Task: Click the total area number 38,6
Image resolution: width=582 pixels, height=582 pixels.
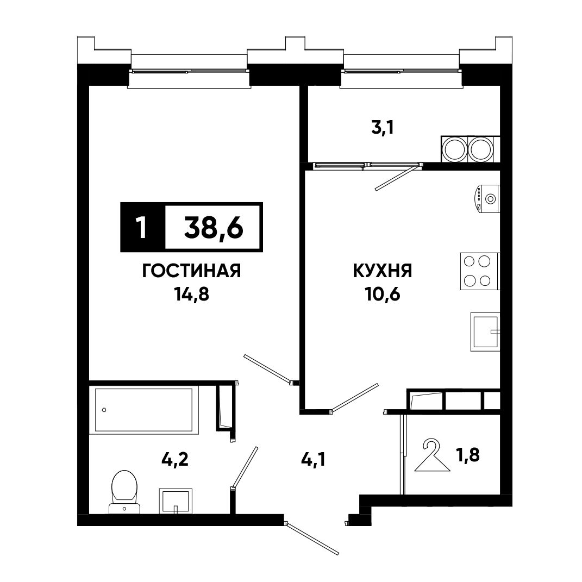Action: tap(214, 227)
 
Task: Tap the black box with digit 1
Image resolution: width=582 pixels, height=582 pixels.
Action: tap(143, 227)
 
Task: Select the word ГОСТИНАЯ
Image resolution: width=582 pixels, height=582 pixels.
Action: tap(191, 271)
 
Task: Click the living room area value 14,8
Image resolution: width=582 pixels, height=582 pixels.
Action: tap(191, 295)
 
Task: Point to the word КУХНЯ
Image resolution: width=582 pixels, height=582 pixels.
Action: tap(383, 271)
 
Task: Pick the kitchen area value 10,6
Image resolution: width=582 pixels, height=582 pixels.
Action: tap(383, 295)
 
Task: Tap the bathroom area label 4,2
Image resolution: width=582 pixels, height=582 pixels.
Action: tap(175, 459)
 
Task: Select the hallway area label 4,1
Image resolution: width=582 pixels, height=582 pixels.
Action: tap(314, 460)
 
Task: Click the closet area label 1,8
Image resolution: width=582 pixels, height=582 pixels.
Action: tap(468, 455)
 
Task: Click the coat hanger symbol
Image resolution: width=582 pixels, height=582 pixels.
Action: tap(432, 456)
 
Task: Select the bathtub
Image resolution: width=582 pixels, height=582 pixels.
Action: tap(144, 410)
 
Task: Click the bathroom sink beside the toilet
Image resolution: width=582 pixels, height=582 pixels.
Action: tap(176, 500)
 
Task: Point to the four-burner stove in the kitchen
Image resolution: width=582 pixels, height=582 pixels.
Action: tap(480, 271)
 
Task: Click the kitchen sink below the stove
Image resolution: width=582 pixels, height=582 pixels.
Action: tap(485, 332)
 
